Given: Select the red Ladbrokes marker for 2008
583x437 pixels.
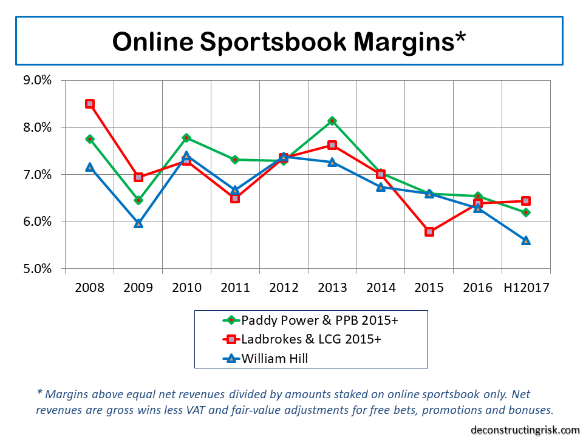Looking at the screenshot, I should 90,104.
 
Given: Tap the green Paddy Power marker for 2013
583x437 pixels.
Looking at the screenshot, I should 332,121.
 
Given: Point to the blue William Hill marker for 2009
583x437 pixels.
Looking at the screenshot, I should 138,223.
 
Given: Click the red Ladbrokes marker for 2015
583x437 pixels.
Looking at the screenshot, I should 429,231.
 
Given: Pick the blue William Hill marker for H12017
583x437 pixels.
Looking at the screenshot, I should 526,240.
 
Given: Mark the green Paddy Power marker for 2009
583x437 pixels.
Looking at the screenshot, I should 138,200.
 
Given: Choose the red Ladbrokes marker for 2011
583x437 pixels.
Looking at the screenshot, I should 235,198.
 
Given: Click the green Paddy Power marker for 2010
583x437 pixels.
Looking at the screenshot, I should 186,138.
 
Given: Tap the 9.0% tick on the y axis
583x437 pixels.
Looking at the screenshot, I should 38,81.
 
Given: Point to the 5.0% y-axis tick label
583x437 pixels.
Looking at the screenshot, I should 38,269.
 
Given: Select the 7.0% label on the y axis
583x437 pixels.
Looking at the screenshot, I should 38,175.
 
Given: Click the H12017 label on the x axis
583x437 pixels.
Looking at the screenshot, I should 526,287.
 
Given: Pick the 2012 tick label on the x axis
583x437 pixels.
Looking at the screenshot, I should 284,287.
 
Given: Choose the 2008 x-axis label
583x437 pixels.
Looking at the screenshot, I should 90,287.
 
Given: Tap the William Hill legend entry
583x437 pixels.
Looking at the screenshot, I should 274,358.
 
